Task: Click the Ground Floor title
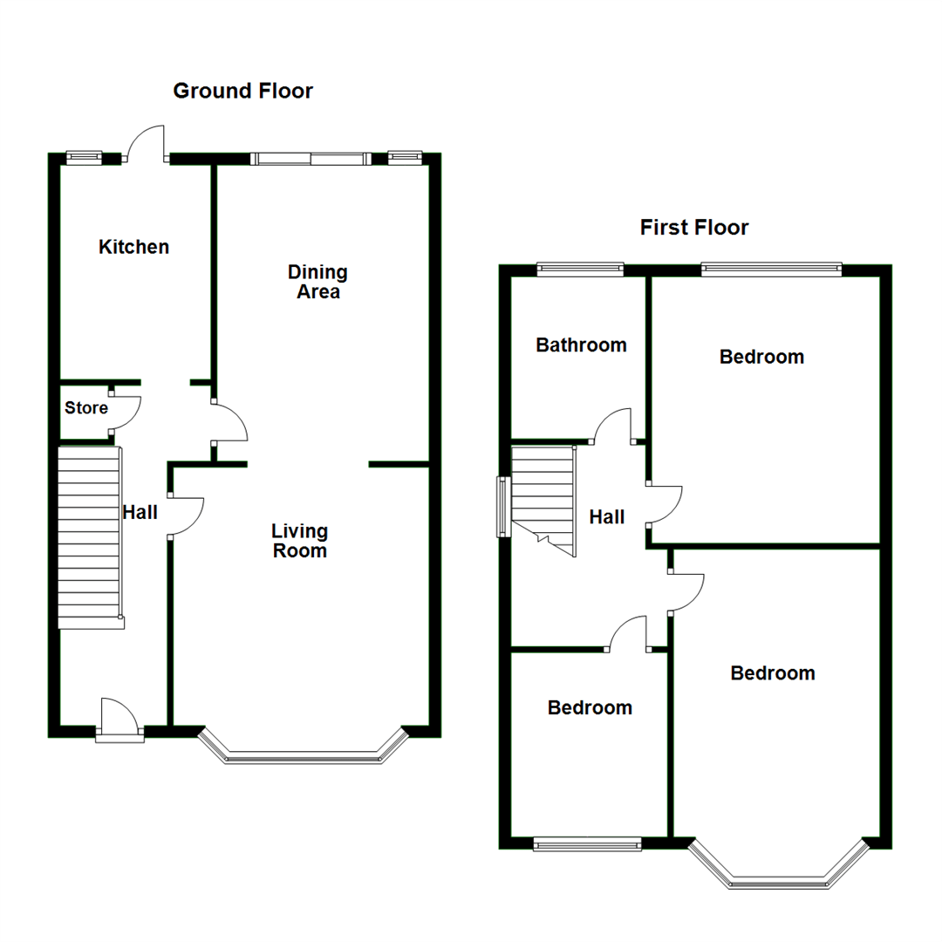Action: coord(242,91)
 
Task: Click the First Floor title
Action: coord(694,228)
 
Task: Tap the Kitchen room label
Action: coord(133,247)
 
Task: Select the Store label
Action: coord(86,407)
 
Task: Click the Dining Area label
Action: coord(317,282)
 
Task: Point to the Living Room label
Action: coord(299,541)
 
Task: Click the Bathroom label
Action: coord(581,345)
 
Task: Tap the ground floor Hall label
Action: coord(140,512)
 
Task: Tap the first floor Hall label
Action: coord(606,516)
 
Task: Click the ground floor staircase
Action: coord(88,536)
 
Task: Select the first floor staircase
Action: coord(543,497)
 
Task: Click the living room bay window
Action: coord(304,755)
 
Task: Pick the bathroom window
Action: coord(580,269)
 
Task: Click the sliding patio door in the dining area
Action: coord(309,159)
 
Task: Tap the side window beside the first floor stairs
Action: coord(502,506)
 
